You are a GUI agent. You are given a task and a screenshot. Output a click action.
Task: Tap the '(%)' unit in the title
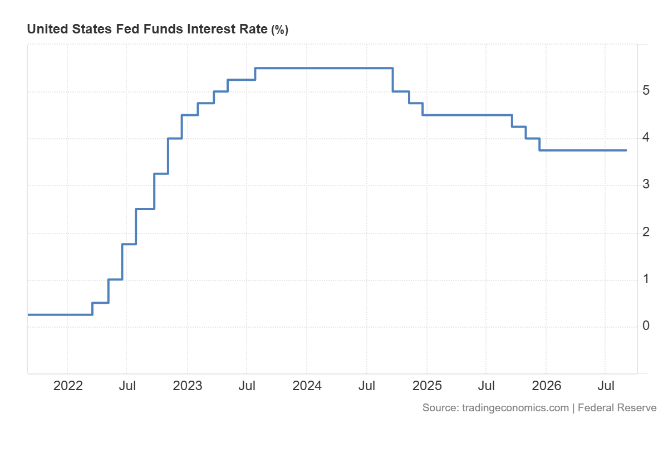[279, 30]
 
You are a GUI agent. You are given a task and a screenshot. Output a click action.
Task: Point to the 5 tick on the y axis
[646, 90]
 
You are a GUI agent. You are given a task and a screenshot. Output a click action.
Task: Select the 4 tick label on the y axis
[646, 137]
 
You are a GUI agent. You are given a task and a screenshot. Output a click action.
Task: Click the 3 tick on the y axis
[646, 184]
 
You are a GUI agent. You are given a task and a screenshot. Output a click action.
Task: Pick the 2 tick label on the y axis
[646, 232]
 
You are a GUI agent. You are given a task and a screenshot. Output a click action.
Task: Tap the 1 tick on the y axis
[646, 279]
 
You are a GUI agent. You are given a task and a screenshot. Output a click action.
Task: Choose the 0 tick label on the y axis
[646, 325]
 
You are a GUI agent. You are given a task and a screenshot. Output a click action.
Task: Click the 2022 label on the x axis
[68, 386]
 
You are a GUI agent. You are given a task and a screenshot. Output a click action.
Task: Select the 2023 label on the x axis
[188, 386]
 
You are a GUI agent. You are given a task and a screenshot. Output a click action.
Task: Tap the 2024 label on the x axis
[307, 386]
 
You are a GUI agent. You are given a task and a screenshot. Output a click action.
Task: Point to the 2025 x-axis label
[427, 386]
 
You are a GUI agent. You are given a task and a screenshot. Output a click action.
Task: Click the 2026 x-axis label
[547, 386]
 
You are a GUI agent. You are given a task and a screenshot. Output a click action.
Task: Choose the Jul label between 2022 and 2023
[127, 386]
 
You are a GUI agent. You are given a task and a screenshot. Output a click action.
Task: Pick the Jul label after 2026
[606, 386]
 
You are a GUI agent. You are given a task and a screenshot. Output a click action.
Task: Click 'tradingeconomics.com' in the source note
[515, 408]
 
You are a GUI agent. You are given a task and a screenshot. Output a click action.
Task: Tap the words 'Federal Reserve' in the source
[617, 408]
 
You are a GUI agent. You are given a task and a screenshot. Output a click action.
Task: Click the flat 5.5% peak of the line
[324, 69]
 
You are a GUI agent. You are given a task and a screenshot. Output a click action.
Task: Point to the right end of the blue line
[626, 150]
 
